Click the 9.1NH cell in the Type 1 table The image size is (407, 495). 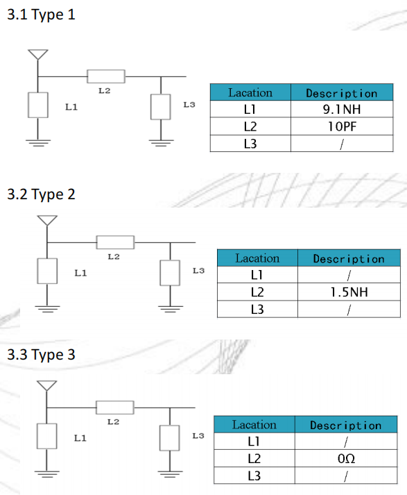[x=342, y=109]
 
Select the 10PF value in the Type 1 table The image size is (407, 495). [x=342, y=126]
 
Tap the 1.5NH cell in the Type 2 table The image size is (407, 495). [x=349, y=292]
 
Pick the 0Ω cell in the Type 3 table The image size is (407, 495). [x=346, y=458]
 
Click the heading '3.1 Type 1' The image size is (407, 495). [x=41, y=15]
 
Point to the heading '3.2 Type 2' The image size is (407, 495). [x=41, y=194]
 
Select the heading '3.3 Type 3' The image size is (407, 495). [x=41, y=355]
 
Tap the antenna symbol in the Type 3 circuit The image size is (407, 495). [x=46, y=386]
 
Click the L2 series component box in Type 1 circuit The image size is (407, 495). [x=106, y=76]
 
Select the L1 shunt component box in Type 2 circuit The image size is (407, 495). [x=47, y=271]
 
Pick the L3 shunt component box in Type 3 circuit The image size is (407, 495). [x=170, y=438]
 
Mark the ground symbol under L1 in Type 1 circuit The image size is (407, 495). [x=38, y=143]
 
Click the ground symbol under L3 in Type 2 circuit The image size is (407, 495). [x=171, y=309]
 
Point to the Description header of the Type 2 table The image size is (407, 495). [x=349, y=259]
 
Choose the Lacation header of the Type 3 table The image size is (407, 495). [x=254, y=425]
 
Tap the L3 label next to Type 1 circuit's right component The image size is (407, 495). [x=189, y=105]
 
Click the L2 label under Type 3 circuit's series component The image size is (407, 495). [x=114, y=422]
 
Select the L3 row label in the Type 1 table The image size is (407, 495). [x=250, y=144]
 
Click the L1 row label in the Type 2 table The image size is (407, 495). [x=257, y=275]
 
